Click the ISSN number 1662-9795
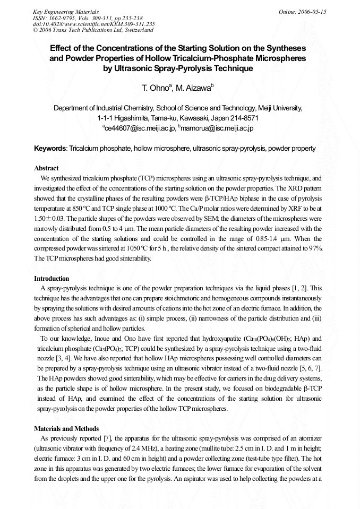tap(59, 18)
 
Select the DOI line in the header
tap(93, 24)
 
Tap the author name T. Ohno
tap(153, 88)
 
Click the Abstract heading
tap(46, 168)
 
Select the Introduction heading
tap(52, 279)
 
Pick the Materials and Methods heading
tap(66, 429)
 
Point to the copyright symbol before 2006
tap(35, 30)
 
